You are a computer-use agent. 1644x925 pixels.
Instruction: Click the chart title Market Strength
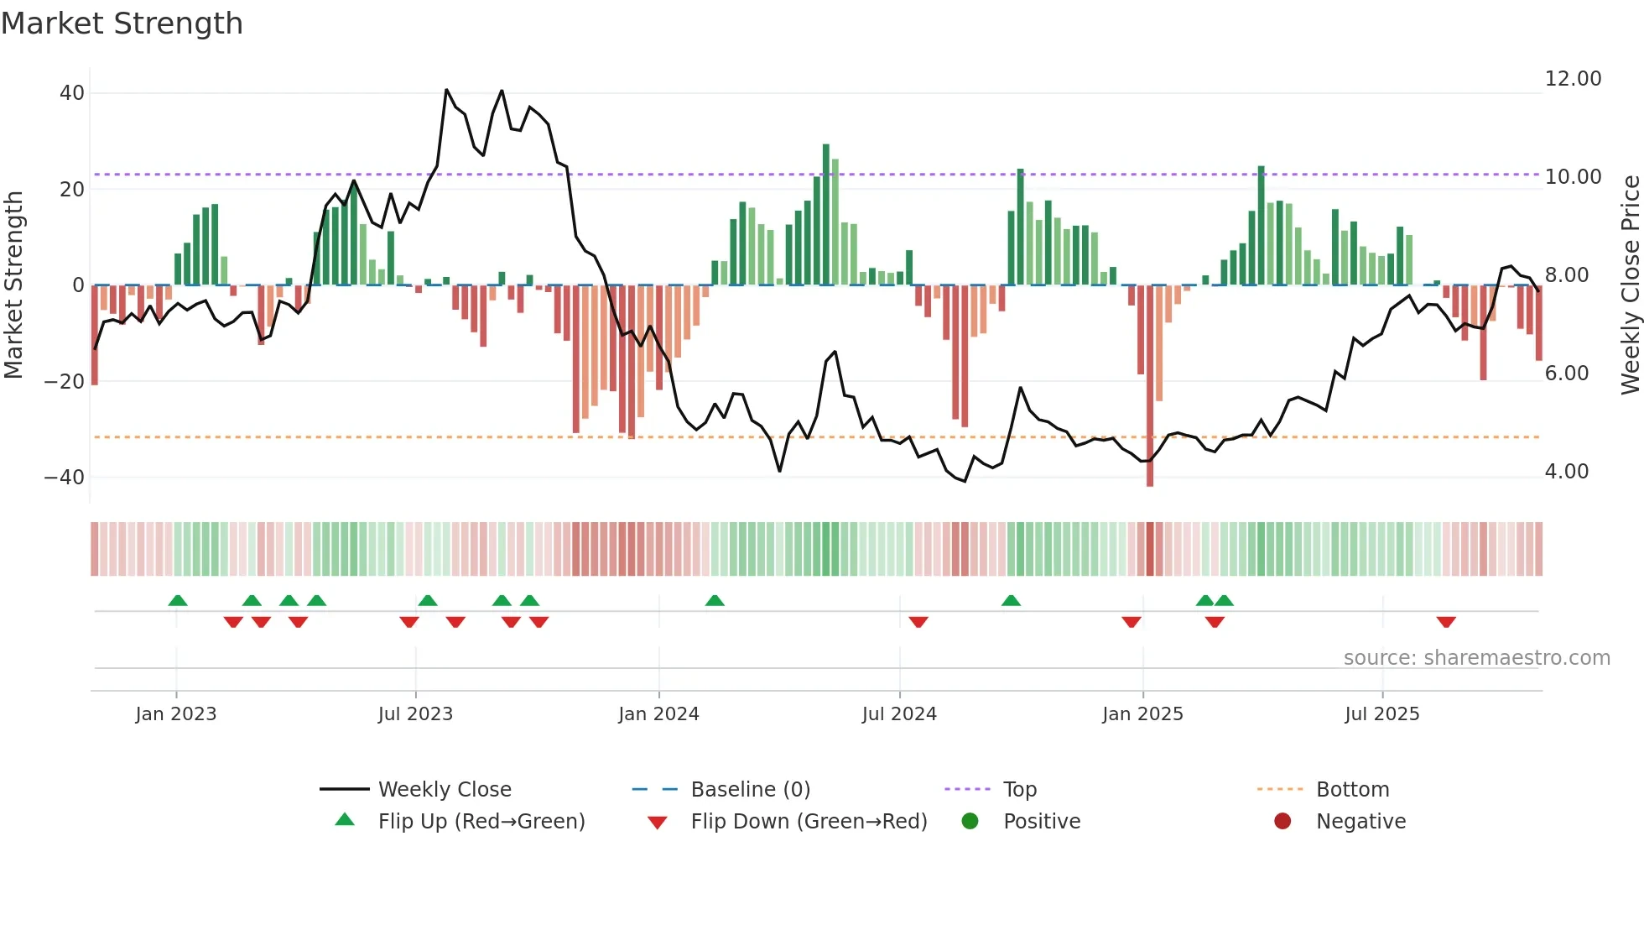pyautogui.click(x=122, y=24)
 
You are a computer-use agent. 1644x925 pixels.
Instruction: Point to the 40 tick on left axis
pyautogui.click(x=72, y=93)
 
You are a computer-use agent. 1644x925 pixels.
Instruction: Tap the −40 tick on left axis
pyautogui.click(x=65, y=478)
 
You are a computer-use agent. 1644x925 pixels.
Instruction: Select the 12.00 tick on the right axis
pyautogui.click(x=1573, y=79)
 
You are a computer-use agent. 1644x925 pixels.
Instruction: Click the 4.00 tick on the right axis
pyautogui.click(x=1566, y=472)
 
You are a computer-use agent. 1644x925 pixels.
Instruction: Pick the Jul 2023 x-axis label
pyautogui.click(x=415, y=714)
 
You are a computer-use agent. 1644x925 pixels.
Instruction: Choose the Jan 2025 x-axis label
pyautogui.click(x=1142, y=714)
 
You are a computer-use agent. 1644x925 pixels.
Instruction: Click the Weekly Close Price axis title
pyautogui.click(x=1630, y=285)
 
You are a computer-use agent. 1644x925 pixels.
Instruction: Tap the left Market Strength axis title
pyautogui.click(x=13, y=285)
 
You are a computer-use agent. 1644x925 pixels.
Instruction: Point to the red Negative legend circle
pyautogui.click(x=1282, y=821)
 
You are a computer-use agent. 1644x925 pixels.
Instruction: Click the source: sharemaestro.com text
pyautogui.click(x=1476, y=658)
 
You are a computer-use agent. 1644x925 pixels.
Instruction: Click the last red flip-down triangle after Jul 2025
pyautogui.click(x=1446, y=622)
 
